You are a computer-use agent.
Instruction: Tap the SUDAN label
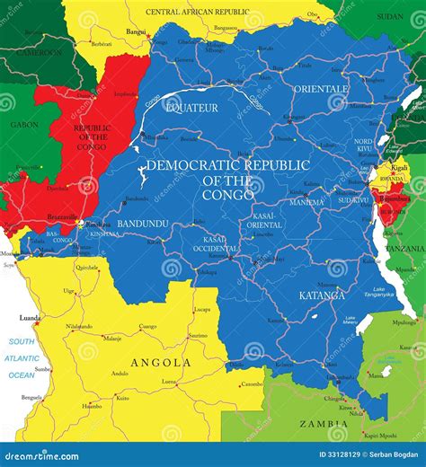[x=390, y=16]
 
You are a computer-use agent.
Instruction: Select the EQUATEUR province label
[x=191, y=108]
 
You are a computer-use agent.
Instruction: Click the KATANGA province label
[x=322, y=294]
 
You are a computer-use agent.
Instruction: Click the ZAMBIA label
[x=324, y=424]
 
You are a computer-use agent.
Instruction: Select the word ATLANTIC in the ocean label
[x=22, y=357]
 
